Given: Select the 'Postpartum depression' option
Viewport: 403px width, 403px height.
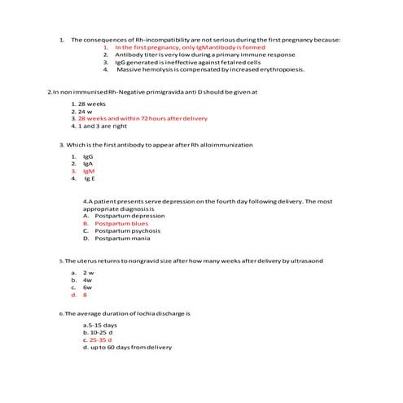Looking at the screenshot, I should pos(129,216).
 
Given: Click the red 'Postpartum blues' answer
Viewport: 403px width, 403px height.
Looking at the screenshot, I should pos(121,223).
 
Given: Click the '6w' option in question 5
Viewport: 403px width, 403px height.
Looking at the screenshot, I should pos(87,287).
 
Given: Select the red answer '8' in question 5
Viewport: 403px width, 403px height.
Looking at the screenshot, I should pos(85,295).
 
